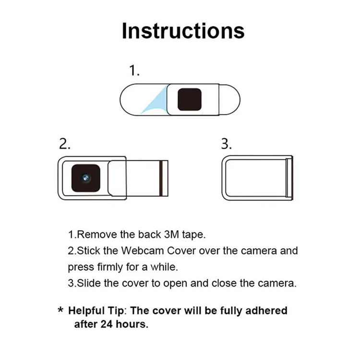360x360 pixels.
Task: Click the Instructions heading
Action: pyautogui.click(x=183, y=31)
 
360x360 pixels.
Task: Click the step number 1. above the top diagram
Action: pyautogui.click(x=134, y=71)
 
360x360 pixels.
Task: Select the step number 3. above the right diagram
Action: pyautogui.click(x=227, y=144)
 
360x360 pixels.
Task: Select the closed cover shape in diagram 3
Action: pyautogui.click(x=257, y=177)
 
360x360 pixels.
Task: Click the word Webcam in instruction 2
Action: pyautogui.click(x=139, y=251)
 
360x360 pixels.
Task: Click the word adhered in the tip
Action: pyautogui.click(x=267, y=311)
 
